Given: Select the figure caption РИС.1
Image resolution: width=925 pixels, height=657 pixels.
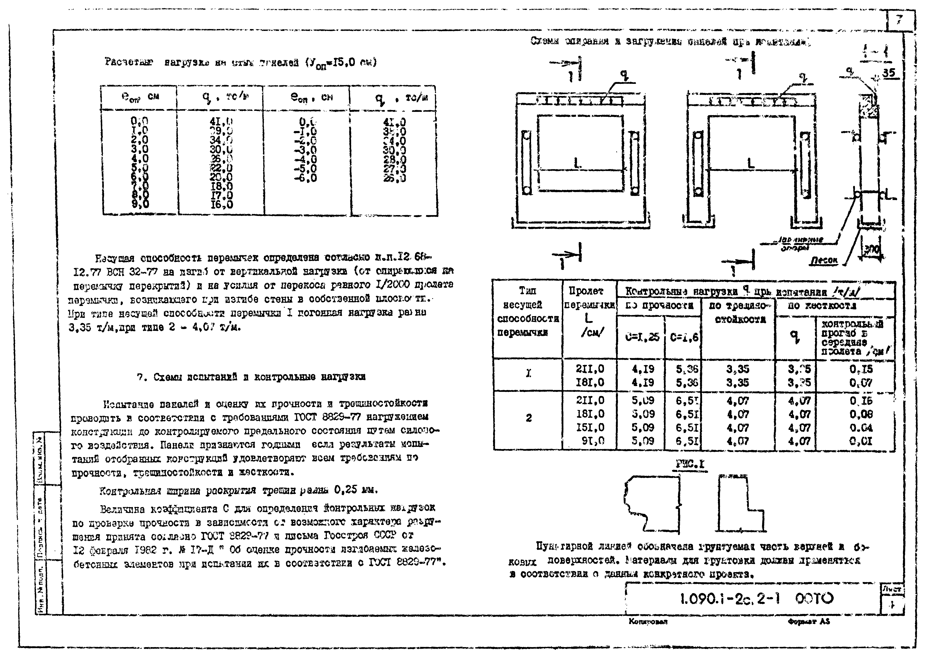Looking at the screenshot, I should pyautogui.click(x=690, y=464).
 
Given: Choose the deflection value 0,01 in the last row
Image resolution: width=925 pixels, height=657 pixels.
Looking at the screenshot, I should pyautogui.click(x=861, y=441).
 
